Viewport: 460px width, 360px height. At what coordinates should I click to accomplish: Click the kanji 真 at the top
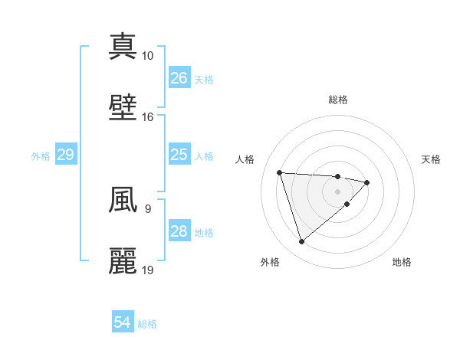[123, 46]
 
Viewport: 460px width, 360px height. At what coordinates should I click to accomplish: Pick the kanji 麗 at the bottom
[123, 261]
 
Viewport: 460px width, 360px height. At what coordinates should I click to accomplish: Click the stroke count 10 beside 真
[147, 56]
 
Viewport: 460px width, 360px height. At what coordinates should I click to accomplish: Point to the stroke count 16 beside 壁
[147, 117]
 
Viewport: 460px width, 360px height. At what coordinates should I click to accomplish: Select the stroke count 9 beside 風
[147, 208]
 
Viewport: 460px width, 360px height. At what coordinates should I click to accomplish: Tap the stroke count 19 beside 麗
[147, 270]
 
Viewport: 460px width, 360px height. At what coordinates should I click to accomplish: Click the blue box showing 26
[179, 78]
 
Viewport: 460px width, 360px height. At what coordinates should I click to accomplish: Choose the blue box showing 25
[179, 155]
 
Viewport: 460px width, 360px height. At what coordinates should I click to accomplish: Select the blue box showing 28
[179, 231]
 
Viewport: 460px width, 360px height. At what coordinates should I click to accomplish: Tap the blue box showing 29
[65, 155]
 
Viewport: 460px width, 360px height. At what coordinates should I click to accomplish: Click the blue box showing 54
[123, 322]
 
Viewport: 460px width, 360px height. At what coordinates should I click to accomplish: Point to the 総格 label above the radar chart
[338, 100]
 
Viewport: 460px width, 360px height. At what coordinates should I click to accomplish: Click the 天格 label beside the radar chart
[431, 159]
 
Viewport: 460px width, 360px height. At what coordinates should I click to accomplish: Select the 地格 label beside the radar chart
[402, 262]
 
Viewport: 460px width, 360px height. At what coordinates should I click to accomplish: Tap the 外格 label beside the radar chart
[270, 262]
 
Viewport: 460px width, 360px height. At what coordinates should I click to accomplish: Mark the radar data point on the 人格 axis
[280, 172]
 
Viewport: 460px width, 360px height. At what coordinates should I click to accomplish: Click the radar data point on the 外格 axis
[301, 242]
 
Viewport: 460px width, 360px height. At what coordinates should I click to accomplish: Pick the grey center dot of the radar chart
[337, 191]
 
